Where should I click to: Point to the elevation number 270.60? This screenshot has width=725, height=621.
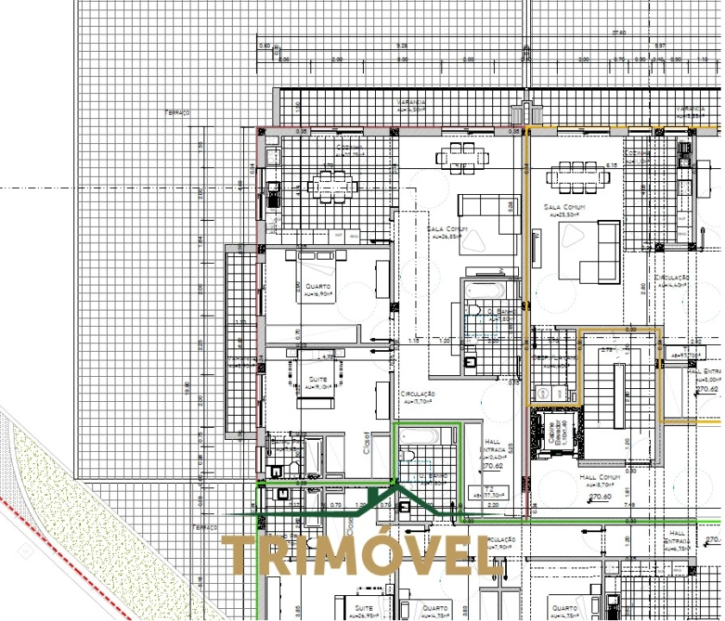600,496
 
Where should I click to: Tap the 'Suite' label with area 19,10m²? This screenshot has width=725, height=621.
316,379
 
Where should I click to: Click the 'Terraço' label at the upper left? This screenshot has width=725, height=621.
178,112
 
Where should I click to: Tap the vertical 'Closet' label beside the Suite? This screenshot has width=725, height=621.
366,442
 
